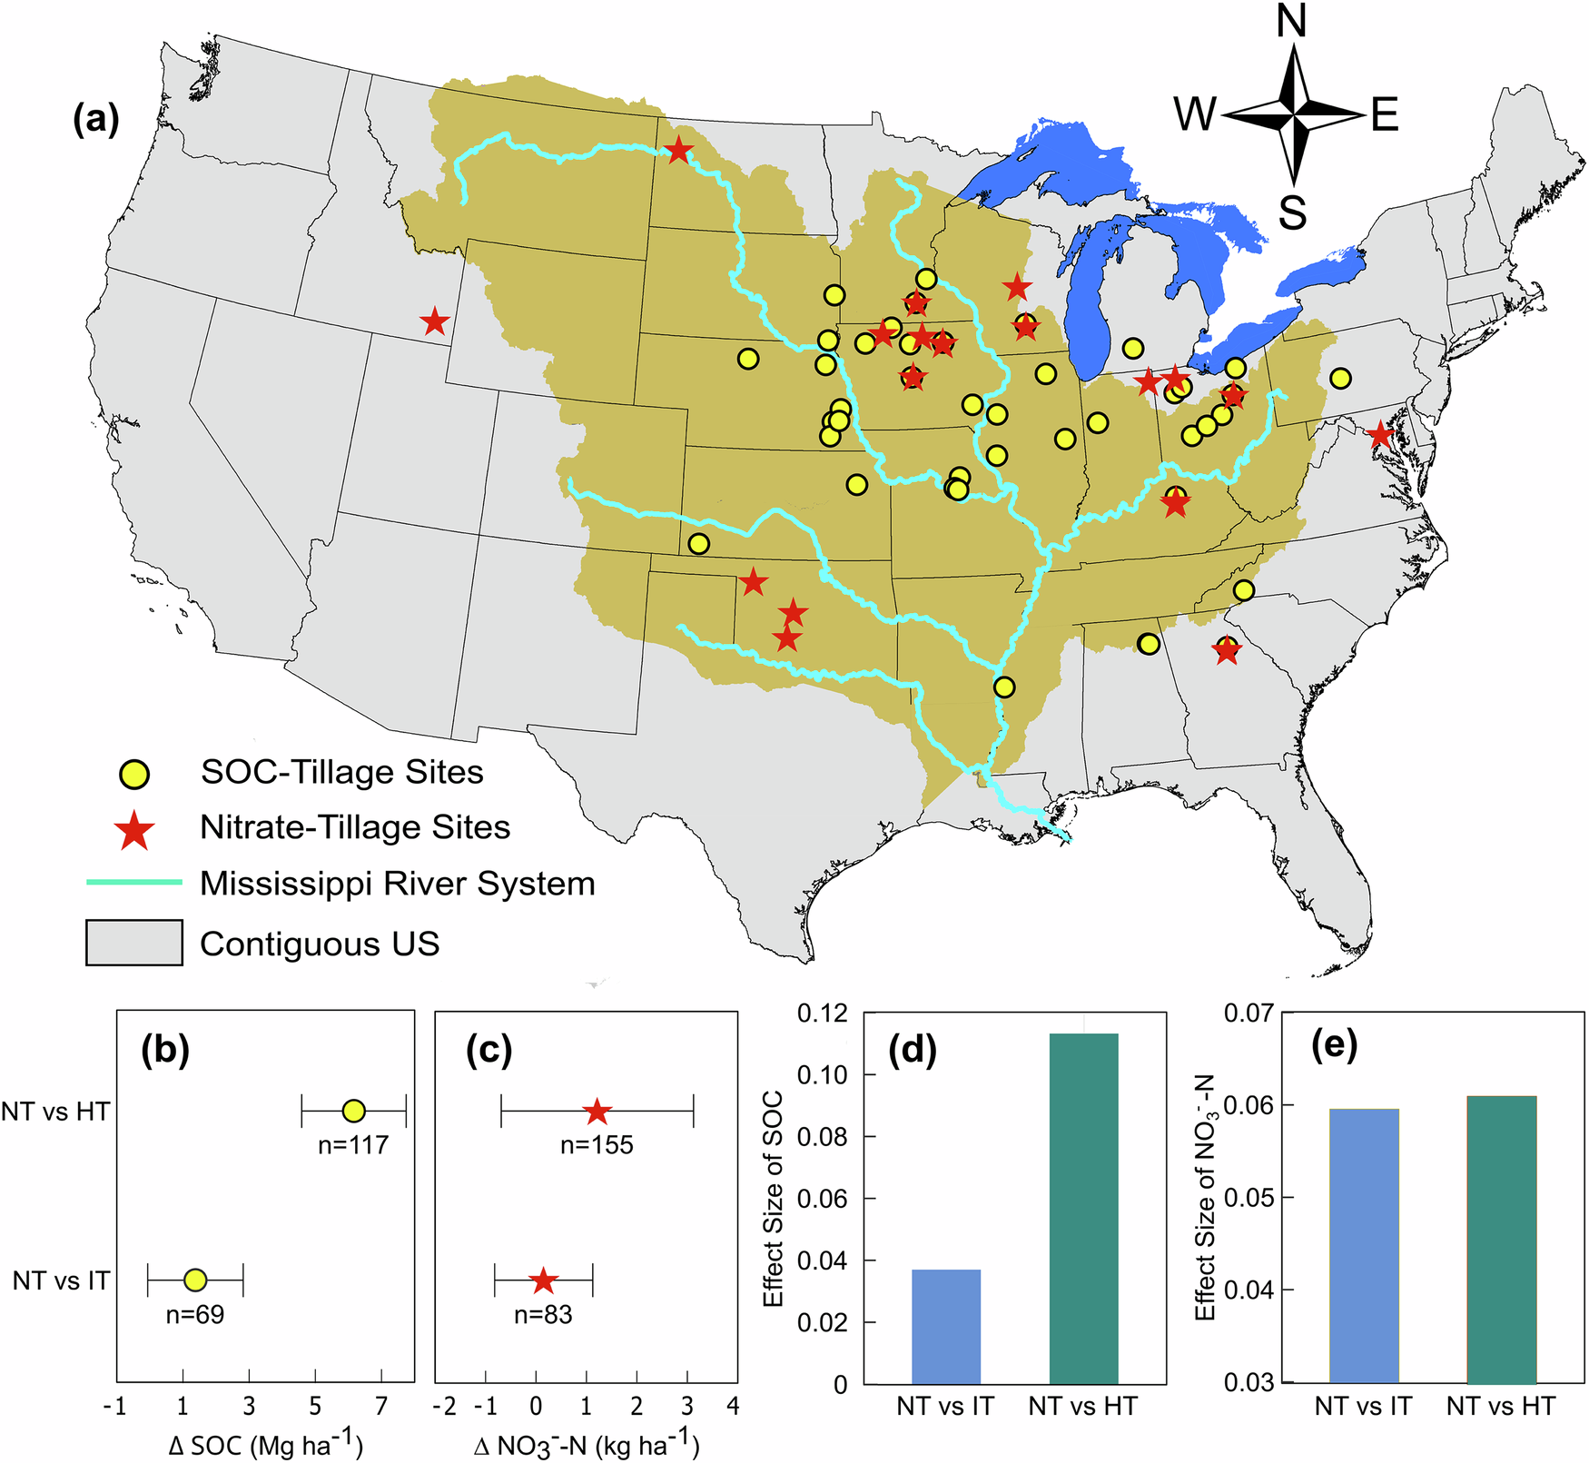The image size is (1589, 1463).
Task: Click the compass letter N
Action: (x=1291, y=20)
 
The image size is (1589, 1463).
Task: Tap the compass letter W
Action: (x=1194, y=115)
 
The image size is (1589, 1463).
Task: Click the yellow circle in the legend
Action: (x=134, y=774)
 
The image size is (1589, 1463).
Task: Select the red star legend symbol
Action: (x=134, y=830)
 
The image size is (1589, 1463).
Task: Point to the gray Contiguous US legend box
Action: (x=134, y=943)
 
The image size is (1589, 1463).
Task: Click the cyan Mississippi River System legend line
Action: (x=134, y=883)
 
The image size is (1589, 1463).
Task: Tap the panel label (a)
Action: (x=95, y=119)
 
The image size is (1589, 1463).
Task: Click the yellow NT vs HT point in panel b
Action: (x=354, y=1110)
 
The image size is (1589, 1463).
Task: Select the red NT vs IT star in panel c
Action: (x=543, y=1281)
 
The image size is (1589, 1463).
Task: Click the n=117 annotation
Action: (x=353, y=1145)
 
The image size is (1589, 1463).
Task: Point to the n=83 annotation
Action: (x=543, y=1315)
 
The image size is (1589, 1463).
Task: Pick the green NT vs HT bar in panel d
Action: (x=1083, y=1208)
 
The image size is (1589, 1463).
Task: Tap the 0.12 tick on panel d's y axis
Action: (x=823, y=1013)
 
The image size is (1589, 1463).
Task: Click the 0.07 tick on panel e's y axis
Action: (x=1248, y=1012)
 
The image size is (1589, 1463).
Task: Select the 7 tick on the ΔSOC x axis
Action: (x=381, y=1407)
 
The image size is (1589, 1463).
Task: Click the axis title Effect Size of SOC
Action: (x=774, y=1199)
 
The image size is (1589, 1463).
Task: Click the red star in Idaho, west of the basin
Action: (x=435, y=321)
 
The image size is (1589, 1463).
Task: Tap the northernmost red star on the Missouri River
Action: (x=678, y=151)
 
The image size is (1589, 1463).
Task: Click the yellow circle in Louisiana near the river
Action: (x=1003, y=687)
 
